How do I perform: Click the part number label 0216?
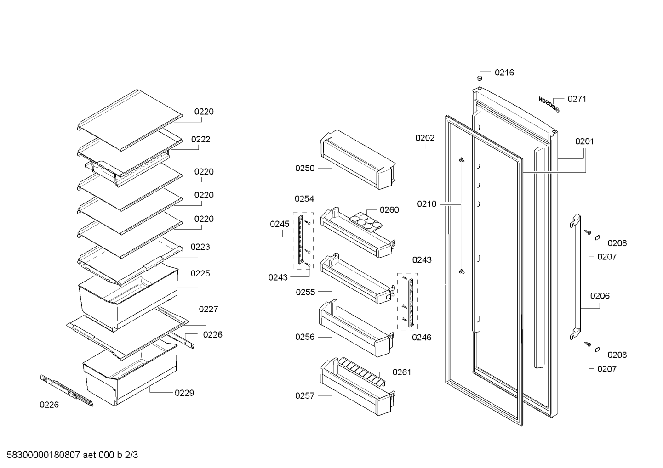tap(504, 73)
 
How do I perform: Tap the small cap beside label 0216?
tap(480, 79)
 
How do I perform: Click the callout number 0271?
tap(577, 99)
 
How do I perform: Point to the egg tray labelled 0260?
tap(366, 222)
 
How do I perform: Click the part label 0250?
tap(305, 168)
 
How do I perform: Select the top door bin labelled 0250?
tap(358, 160)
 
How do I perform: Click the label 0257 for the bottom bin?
tap(305, 395)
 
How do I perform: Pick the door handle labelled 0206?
tap(575, 277)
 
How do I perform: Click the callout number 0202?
tap(425, 138)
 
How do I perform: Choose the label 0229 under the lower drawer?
tap(184, 393)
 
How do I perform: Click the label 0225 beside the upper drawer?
tap(200, 273)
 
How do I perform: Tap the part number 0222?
tap(200, 139)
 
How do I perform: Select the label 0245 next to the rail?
tap(280, 224)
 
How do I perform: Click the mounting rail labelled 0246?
tap(411, 303)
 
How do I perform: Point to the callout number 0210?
tap(427, 204)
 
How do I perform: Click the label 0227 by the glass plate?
tap(209, 309)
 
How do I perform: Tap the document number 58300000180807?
tap(43, 455)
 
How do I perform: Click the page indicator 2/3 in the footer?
tap(131, 455)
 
